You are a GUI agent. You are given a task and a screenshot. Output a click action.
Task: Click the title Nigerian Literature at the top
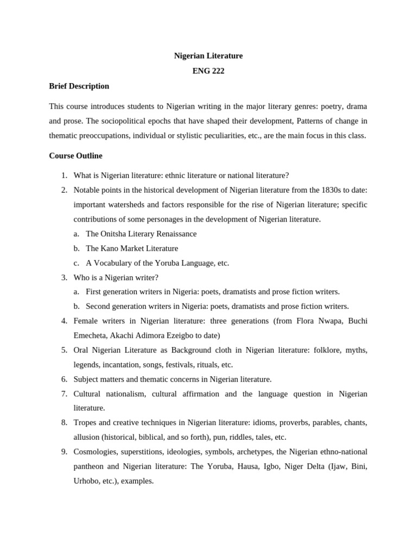(x=208, y=56)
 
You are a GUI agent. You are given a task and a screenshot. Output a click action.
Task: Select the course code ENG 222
(x=208, y=71)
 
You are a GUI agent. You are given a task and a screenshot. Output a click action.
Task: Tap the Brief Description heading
(x=79, y=86)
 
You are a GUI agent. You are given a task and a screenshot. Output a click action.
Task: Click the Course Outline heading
(x=75, y=156)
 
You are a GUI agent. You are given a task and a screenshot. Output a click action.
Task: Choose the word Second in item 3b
(x=99, y=306)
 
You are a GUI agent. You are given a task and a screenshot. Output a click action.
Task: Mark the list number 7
(x=64, y=394)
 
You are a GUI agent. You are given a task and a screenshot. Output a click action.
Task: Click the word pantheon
(x=90, y=466)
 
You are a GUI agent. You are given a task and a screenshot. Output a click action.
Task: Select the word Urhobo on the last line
(x=88, y=481)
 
